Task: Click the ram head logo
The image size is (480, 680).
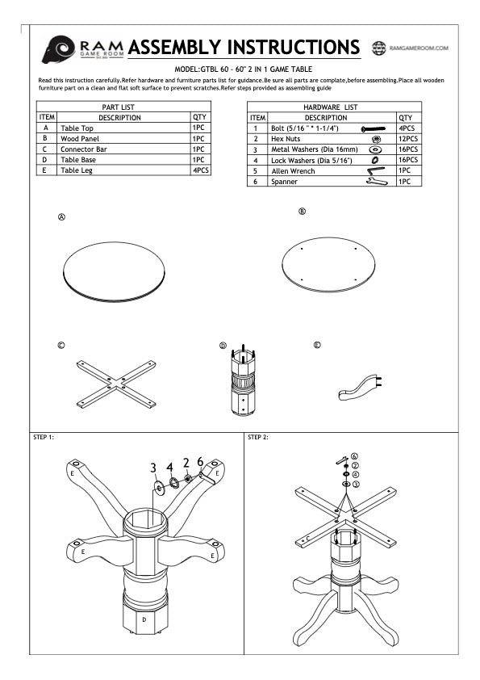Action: click(59, 48)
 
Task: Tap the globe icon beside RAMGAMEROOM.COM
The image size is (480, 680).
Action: click(378, 48)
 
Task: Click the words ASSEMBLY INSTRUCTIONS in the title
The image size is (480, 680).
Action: click(244, 48)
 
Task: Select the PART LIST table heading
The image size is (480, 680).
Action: click(123, 107)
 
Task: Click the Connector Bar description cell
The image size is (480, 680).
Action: click(85, 149)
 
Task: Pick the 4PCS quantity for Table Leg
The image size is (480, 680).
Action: click(200, 170)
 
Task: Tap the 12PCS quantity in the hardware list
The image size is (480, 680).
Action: click(407, 139)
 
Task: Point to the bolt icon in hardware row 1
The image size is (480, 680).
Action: click(375, 128)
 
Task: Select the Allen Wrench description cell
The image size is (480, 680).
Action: click(293, 171)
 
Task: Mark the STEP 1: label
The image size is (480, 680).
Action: click(44, 437)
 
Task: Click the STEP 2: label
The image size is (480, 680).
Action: click(258, 437)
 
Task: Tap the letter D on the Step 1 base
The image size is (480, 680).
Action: click(144, 619)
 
